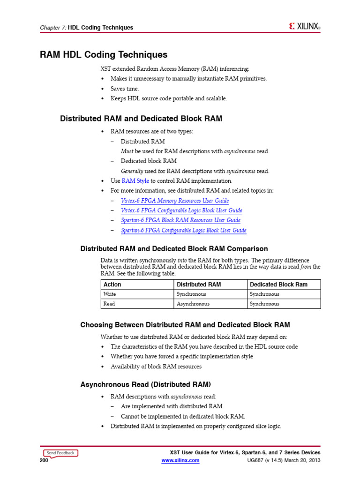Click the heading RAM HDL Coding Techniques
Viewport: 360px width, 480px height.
[x=104, y=55]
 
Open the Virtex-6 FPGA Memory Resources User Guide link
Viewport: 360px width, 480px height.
[x=175, y=201]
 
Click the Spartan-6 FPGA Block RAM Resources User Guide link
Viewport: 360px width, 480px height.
[x=180, y=220]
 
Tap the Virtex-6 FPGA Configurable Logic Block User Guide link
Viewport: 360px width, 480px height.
[x=181, y=210]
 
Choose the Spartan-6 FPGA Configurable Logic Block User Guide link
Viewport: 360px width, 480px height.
[x=183, y=230]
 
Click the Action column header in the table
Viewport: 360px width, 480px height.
[x=112, y=285]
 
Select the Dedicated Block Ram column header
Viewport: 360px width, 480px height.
[x=278, y=285]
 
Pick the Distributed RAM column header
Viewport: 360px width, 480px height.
[x=199, y=285]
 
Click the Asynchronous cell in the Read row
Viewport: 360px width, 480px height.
[x=193, y=304]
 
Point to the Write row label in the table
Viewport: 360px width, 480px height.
[x=110, y=294]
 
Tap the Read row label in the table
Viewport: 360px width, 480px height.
[x=109, y=304]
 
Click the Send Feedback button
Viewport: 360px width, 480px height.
[x=60, y=453]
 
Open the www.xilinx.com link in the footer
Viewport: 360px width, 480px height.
[x=180, y=461]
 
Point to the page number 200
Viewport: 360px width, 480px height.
[x=45, y=461]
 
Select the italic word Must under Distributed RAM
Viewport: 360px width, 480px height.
[x=127, y=151]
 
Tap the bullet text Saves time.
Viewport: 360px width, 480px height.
[x=125, y=89]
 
